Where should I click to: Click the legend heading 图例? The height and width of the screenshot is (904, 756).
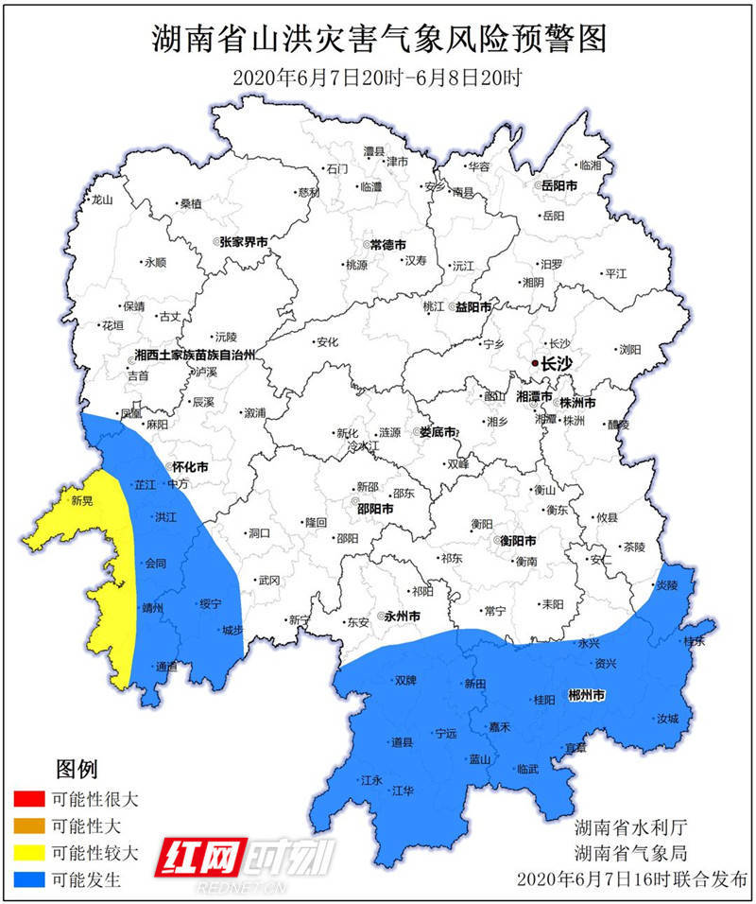[77, 768]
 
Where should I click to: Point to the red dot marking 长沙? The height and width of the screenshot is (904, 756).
[535, 363]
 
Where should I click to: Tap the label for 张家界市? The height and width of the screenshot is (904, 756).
[244, 242]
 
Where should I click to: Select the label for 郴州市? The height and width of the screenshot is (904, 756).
[587, 696]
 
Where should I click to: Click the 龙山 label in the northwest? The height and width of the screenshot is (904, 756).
[101, 200]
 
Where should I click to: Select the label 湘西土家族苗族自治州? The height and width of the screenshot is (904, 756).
[195, 356]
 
